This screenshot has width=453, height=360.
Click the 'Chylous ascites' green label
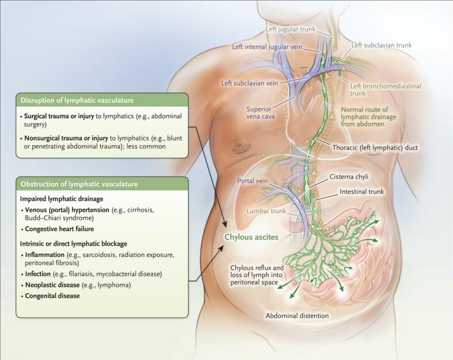(x=251, y=237)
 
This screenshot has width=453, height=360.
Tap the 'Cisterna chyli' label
(x=349, y=177)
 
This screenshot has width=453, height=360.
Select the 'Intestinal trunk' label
(x=361, y=192)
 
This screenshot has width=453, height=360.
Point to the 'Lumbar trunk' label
(x=266, y=211)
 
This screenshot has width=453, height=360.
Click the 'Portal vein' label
(x=252, y=181)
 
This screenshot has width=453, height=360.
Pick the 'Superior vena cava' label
(x=260, y=113)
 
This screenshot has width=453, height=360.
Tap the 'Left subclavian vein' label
(x=249, y=83)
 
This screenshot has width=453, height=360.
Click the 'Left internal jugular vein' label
(x=267, y=47)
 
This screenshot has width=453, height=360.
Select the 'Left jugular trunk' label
(x=291, y=29)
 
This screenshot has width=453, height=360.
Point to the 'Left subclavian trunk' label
(x=381, y=45)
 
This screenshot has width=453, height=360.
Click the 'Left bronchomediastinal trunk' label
(x=385, y=90)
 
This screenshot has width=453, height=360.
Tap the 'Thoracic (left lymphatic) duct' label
(x=375, y=148)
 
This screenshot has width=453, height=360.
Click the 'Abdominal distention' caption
(x=297, y=316)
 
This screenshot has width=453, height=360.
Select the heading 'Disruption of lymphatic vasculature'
(x=77, y=100)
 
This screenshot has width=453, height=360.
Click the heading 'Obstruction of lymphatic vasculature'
(x=79, y=184)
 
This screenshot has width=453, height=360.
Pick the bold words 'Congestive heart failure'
(x=59, y=229)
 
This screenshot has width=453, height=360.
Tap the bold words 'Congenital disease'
(x=52, y=296)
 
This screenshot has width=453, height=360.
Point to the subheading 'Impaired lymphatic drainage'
(x=62, y=199)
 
